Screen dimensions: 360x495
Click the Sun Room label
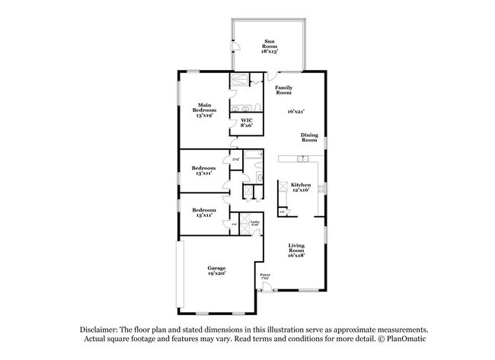[270, 45]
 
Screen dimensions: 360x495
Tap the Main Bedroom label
[205, 110]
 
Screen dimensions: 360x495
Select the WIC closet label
[247, 123]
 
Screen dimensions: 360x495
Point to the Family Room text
[284, 90]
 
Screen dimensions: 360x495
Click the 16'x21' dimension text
[296, 111]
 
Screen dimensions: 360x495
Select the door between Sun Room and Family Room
[270, 74]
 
